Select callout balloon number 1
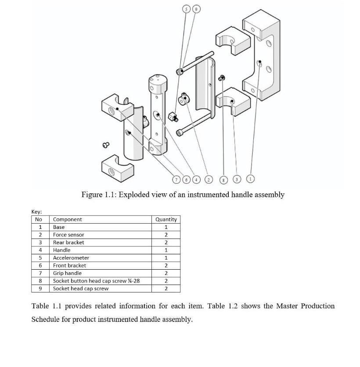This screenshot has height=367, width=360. coord(251,178)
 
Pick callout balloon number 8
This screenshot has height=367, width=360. coord(224,179)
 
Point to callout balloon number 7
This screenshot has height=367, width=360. coord(177,179)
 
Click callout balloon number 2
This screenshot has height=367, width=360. coord(209,179)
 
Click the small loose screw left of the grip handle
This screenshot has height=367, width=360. coord(105,144)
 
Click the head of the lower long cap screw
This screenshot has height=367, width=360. coord(179,132)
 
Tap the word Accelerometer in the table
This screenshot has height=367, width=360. coord(71,258)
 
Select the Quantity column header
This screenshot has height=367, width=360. coord(166,219)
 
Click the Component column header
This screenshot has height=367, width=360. coord(67,219)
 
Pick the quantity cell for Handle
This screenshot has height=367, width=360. coord(166,250)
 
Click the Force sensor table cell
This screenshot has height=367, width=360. coord(68,235)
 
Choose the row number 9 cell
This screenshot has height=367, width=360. coord(40,289)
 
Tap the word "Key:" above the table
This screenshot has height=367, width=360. coord(36,212)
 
